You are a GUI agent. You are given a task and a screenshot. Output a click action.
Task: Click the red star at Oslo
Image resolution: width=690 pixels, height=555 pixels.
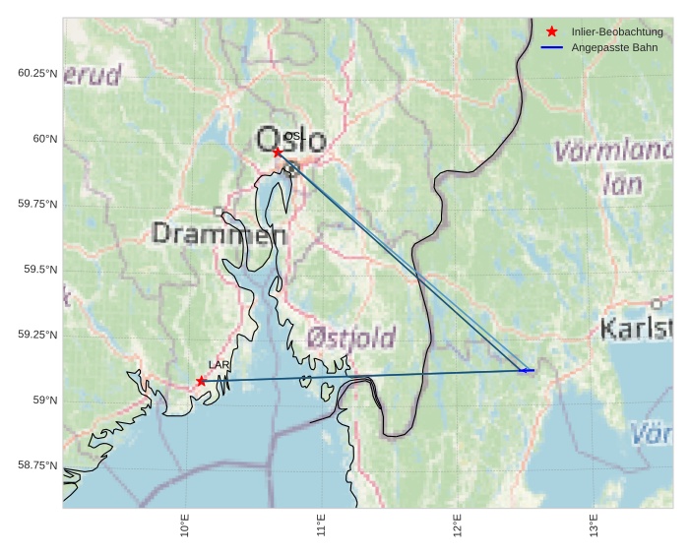277,152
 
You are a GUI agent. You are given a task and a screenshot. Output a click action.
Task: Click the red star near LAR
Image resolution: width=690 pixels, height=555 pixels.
201,381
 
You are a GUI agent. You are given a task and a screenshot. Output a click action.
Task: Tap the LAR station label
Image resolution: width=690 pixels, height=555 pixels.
219,365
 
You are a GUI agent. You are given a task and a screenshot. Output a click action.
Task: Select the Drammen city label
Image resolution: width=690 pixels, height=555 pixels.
220,234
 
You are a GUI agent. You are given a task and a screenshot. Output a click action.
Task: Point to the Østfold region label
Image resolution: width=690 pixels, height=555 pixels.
350,339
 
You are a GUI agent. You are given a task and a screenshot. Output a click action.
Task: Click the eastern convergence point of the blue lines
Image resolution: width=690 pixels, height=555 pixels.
526,371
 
